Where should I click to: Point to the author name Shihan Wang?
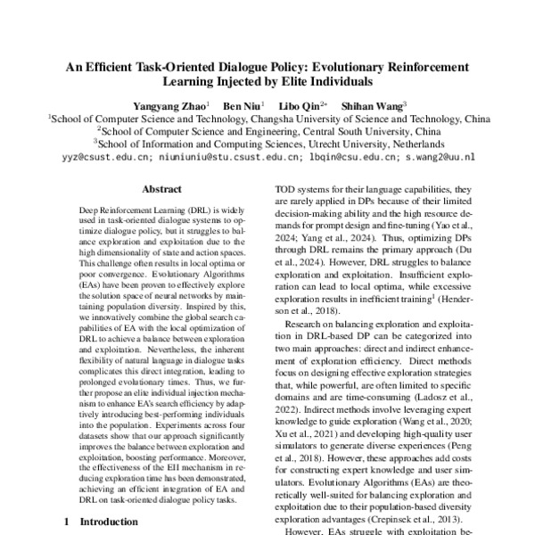[x=375, y=103]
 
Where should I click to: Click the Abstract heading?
[x=162, y=189]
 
